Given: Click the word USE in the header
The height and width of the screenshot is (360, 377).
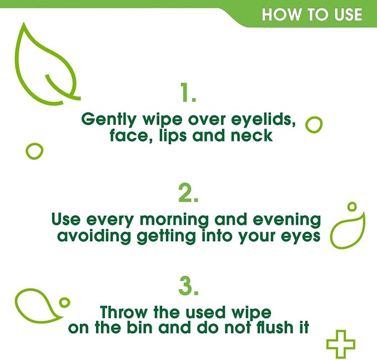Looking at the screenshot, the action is pyautogui.click(x=348, y=14).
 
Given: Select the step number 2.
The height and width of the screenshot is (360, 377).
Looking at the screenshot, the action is pyautogui.click(x=188, y=193).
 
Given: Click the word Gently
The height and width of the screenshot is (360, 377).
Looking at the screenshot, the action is pyautogui.click(x=109, y=119).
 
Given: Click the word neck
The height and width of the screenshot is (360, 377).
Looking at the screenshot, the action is pyautogui.click(x=252, y=135).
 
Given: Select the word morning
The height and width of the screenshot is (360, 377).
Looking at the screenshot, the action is pyautogui.click(x=174, y=220).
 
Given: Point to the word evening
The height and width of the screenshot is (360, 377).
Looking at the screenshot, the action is pyautogui.click(x=287, y=220).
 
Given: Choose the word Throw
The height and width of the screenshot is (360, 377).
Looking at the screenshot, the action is pyautogui.click(x=124, y=312).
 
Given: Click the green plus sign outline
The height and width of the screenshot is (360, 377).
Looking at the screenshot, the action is pyautogui.click(x=341, y=333).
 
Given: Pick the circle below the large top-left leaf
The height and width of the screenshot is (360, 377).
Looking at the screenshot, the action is pyautogui.click(x=27, y=151).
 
